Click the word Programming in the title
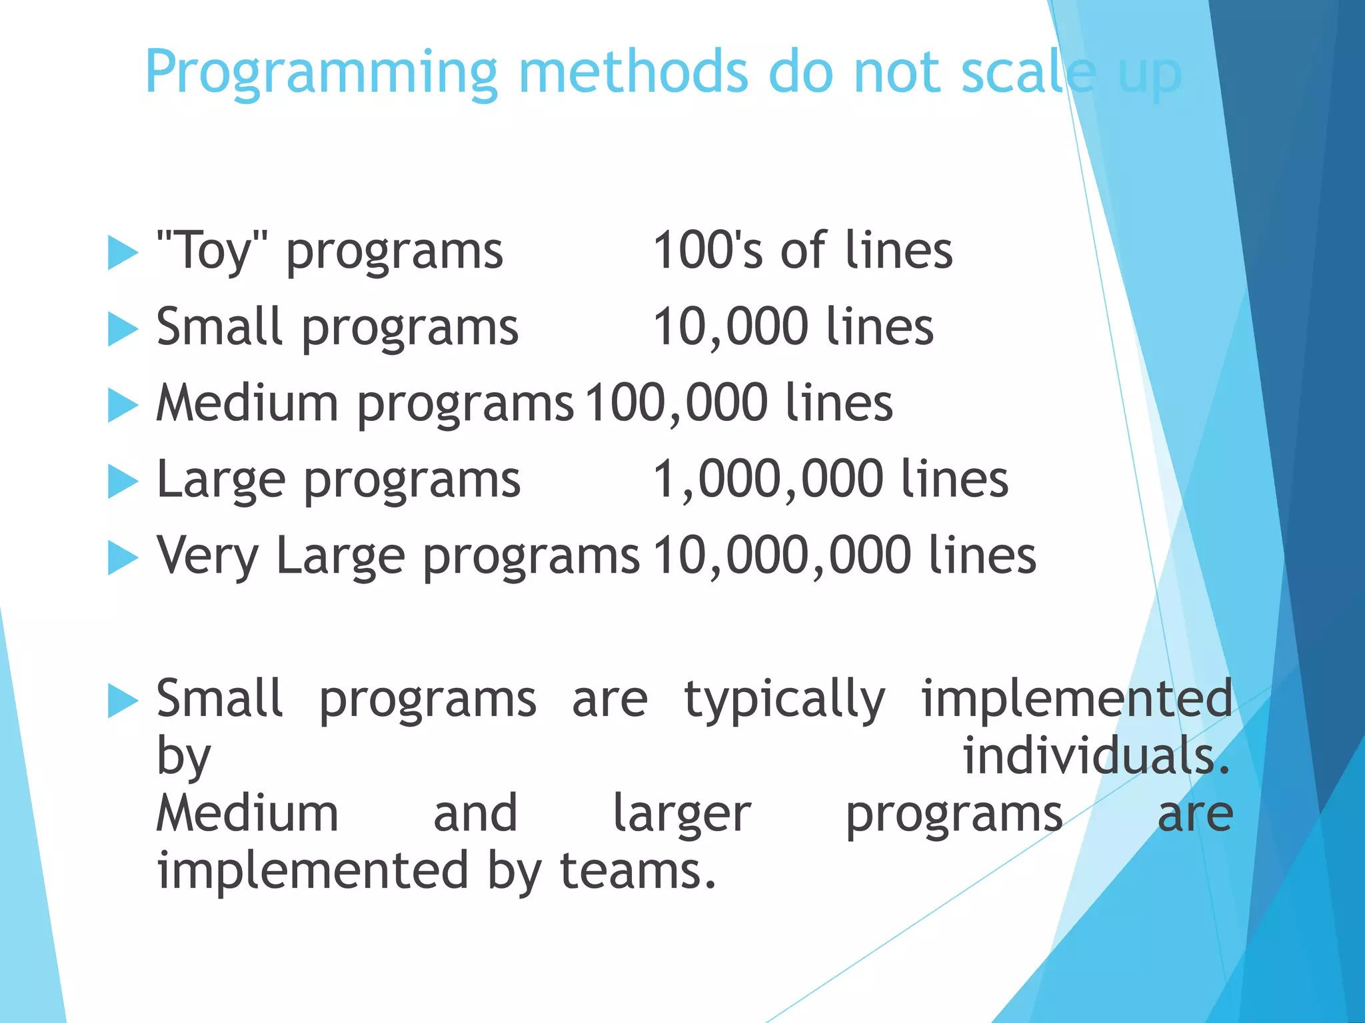321,73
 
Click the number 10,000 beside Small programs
730,327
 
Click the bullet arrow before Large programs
122,481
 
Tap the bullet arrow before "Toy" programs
122,252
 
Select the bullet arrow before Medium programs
122,405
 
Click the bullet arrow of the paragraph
122,701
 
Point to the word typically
784,701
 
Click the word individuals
1096,757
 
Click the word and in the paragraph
475,814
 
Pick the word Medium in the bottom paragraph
247,814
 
